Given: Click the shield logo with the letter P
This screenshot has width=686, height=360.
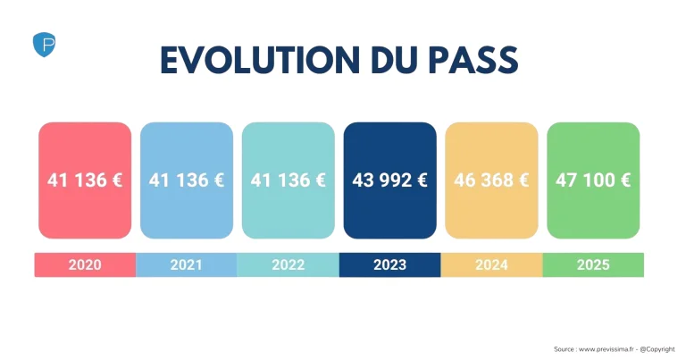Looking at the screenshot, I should pos(44,44).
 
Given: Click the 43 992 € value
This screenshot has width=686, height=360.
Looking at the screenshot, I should pos(390,180).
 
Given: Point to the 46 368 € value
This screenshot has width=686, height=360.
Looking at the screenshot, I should pos(491,180).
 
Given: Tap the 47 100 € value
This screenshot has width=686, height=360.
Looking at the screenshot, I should pos(593,180).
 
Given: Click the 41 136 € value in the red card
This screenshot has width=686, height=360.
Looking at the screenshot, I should pos(85,180).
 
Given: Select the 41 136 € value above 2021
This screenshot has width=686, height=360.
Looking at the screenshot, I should pos(187,180).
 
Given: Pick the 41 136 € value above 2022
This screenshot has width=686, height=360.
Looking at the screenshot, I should pos(289,180).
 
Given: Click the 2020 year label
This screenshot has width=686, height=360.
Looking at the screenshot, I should pos(85,264).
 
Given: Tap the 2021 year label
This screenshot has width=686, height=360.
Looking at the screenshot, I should pos(187,264).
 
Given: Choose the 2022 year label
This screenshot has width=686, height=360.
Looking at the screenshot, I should pos(289,264).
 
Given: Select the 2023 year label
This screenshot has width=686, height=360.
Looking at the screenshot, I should pos(390,264).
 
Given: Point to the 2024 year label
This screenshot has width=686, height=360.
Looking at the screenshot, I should pos(491,264).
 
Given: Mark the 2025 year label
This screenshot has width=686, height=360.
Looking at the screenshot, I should pos(593,264).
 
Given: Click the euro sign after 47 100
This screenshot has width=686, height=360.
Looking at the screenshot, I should pos(624,180).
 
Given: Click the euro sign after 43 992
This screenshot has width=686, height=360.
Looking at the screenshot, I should pos(422,180).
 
